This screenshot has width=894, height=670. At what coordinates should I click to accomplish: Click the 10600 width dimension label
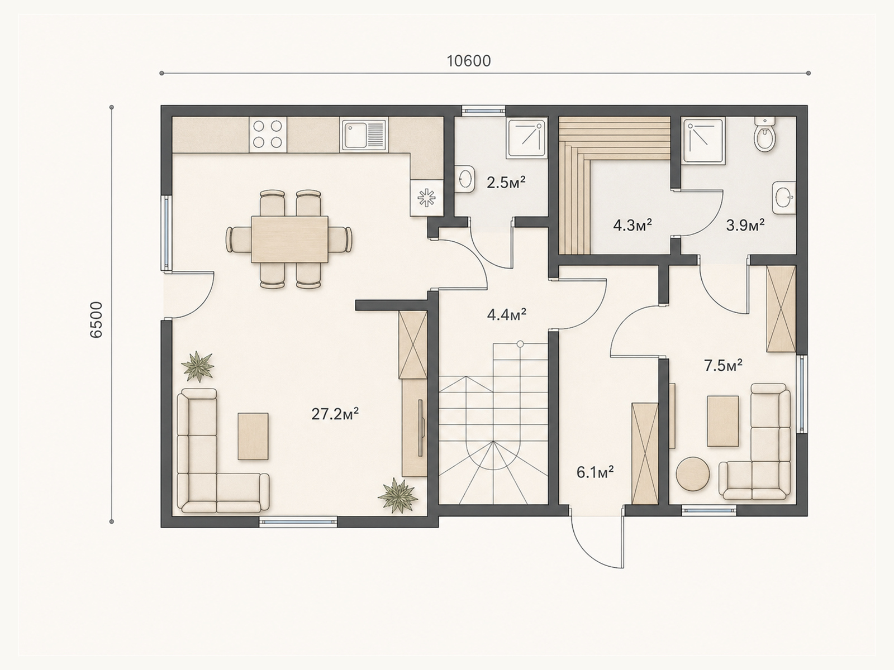pyautogui.click(x=469, y=61)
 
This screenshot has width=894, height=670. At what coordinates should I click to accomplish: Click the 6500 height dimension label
pyautogui.click(x=96, y=320)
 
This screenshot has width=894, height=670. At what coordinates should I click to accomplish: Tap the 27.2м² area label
pyautogui.click(x=335, y=414)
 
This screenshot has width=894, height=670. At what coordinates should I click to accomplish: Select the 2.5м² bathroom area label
pyautogui.click(x=506, y=183)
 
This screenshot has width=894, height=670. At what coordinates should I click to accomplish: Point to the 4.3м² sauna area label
pyautogui.click(x=633, y=224)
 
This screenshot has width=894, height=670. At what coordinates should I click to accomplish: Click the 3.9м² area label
pyautogui.click(x=745, y=224)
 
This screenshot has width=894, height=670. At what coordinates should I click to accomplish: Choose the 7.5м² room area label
pyautogui.click(x=723, y=366)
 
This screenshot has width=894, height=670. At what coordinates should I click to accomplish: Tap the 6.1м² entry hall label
pyautogui.click(x=595, y=472)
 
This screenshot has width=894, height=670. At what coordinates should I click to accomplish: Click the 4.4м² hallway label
pyautogui.click(x=507, y=314)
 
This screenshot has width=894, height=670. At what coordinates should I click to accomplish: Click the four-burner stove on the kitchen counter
pyautogui.click(x=268, y=134)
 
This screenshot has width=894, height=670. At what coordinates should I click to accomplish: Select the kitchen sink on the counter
pyautogui.click(x=364, y=135)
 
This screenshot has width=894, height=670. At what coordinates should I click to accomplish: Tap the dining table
pyautogui.click(x=289, y=239)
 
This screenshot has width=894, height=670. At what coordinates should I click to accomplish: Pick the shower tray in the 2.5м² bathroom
pyautogui.click(x=527, y=138)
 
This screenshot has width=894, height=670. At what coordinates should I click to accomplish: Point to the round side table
pyautogui.click(x=692, y=475)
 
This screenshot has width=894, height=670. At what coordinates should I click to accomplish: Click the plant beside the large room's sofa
pyautogui.click(x=198, y=366)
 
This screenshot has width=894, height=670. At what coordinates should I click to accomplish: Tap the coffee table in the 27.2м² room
pyautogui.click(x=253, y=437)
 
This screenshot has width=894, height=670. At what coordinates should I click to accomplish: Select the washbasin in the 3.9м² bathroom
pyautogui.click(x=784, y=197)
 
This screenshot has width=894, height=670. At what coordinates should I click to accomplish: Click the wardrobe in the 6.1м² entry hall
pyautogui.click(x=645, y=453)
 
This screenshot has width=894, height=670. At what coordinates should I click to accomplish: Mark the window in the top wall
pyautogui.click(x=483, y=110)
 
